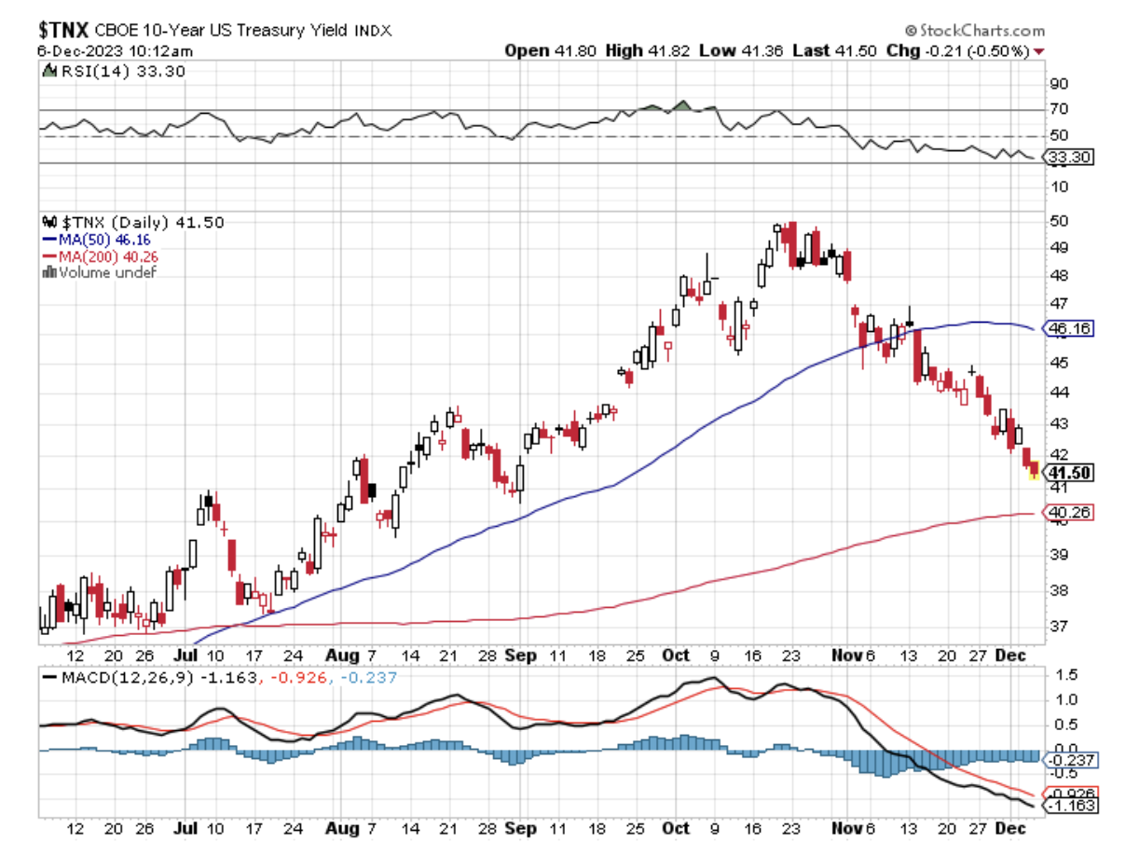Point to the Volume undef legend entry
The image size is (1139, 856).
coord(101,271)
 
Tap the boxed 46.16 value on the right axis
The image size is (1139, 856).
coord(1068,328)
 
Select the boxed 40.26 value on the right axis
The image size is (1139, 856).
coord(1068,512)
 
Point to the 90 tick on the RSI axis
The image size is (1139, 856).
coord(1058,83)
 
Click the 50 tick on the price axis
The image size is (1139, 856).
coord(1058,221)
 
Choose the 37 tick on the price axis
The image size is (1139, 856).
coord(1058,626)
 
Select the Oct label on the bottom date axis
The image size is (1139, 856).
coord(675,655)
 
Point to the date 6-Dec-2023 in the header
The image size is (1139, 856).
coord(65,50)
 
